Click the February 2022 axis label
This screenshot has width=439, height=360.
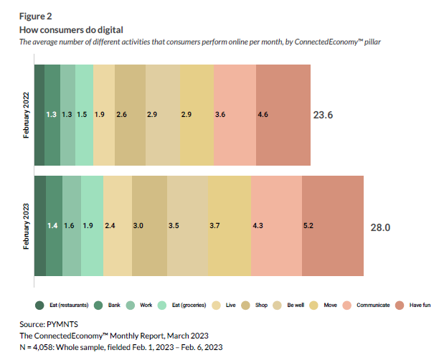(x=26, y=114)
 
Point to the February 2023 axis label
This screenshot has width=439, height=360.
(x=26, y=226)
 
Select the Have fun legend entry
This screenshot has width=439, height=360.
(x=415, y=305)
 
